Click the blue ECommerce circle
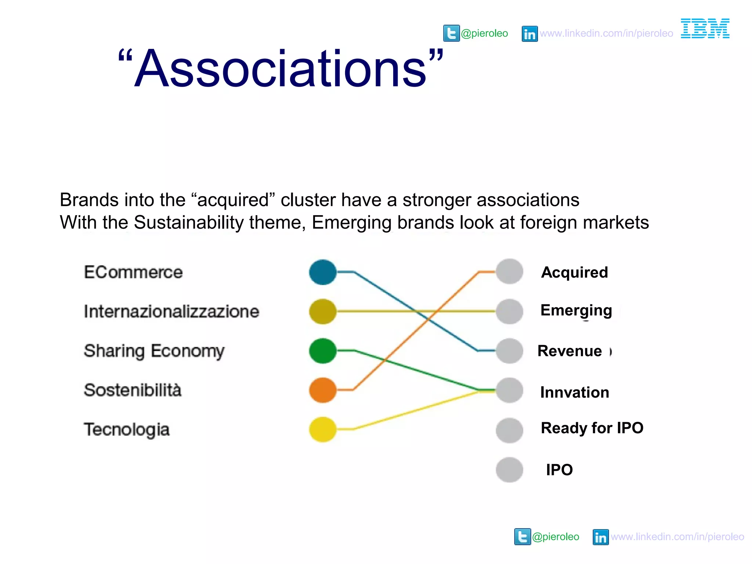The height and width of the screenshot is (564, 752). click(x=323, y=272)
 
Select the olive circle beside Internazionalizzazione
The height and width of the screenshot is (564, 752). click(x=323, y=311)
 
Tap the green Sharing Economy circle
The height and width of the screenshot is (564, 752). click(x=323, y=351)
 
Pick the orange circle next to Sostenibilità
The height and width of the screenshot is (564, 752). click(x=323, y=390)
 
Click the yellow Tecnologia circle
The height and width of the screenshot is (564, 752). click(x=323, y=429)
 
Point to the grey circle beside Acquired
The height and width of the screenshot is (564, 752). click(x=509, y=272)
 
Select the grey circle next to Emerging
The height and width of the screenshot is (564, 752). click(x=509, y=311)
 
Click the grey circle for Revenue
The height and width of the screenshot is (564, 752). click(x=509, y=351)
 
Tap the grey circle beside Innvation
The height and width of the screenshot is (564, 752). click(x=509, y=390)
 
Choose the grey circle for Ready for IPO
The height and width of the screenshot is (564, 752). click(x=509, y=430)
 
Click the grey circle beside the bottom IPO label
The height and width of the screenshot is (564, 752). click(x=509, y=470)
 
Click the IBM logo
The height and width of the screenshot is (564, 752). click(x=705, y=28)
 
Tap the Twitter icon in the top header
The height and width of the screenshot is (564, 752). click(x=451, y=33)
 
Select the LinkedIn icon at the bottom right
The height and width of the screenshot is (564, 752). click(x=600, y=537)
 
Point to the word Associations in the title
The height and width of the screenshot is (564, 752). click(x=281, y=69)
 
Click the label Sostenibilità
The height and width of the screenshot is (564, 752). click(x=133, y=390)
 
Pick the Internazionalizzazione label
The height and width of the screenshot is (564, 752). click(x=171, y=311)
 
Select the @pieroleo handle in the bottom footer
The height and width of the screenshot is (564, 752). click(x=556, y=537)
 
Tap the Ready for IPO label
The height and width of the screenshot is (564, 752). click(x=592, y=428)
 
